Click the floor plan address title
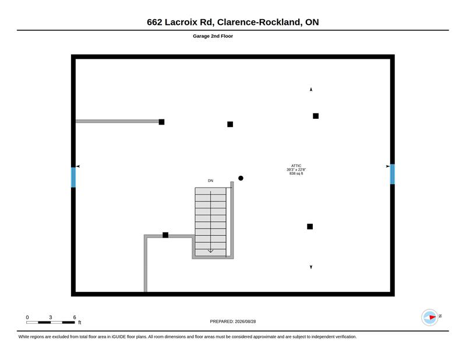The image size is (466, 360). (x=232, y=22)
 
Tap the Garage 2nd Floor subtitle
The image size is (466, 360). (x=213, y=36)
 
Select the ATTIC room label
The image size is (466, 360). (x=296, y=166)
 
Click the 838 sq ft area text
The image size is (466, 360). (x=296, y=174)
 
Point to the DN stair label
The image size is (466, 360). (x=210, y=181)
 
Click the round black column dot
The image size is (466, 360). (x=241, y=178)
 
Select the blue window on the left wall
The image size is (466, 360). (x=73, y=178)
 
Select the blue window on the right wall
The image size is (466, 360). (x=392, y=174)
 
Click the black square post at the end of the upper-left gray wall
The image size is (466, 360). (x=161, y=122)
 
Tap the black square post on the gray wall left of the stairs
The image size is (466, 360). (x=165, y=235)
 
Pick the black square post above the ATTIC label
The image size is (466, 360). (x=316, y=116)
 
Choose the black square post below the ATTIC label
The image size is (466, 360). (x=310, y=227)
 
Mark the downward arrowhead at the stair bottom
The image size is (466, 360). (x=210, y=251)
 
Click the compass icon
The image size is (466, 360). (x=429, y=317)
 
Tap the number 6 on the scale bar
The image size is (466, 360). (x=75, y=317)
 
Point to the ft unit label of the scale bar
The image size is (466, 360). (x=80, y=323)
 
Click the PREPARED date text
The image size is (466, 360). (x=232, y=322)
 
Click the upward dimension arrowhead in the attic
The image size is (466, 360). (x=311, y=90)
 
